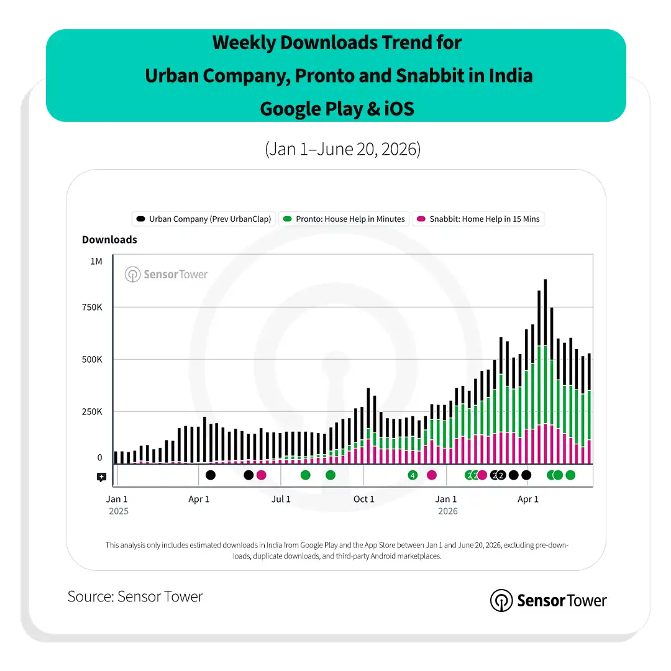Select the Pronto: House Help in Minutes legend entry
click(x=344, y=219)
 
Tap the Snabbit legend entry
click(x=478, y=219)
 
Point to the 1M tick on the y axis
click(x=96, y=262)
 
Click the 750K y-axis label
click(x=92, y=308)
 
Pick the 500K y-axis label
click(x=92, y=360)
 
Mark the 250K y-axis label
click(x=92, y=412)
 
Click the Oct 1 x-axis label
click(x=363, y=499)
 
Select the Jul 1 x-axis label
click(x=281, y=499)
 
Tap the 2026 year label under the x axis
click(x=447, y=511)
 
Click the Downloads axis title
click(x=109, y=240)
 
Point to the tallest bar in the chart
click(x=545, y=372)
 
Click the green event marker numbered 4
click(x=413, y=475)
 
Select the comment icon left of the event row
click(x=101, y=477)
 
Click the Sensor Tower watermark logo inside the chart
click(x=166, y=275)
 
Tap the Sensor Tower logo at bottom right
click(x=548, y=600)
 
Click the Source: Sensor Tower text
click(x=135, y=596)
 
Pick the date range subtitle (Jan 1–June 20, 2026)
click(x=343, y=149)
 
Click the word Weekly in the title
click(x=244, y=43)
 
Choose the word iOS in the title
click(x=399, y=109)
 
